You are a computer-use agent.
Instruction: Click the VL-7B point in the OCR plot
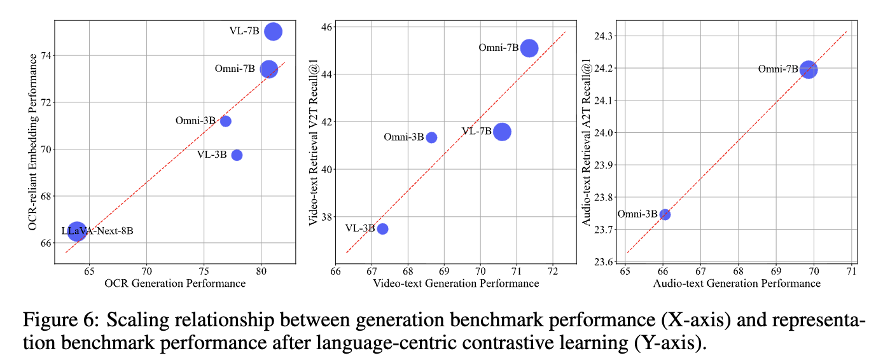[273, 31]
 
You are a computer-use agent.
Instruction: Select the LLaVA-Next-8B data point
[76, 232]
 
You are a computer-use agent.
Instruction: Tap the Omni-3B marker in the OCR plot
[225, 121]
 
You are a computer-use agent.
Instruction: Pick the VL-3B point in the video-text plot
[382, 228]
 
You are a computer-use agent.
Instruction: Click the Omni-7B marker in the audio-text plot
[808, 69]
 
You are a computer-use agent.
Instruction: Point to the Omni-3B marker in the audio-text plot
[665, 214]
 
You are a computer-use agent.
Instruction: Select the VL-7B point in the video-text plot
[502, 132]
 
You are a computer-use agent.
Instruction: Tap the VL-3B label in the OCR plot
[212, 155]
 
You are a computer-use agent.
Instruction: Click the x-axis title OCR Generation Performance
[175, 283]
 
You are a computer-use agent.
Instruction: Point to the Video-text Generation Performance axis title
[455, 283]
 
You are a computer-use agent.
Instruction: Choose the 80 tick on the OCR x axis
[261, 270]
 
